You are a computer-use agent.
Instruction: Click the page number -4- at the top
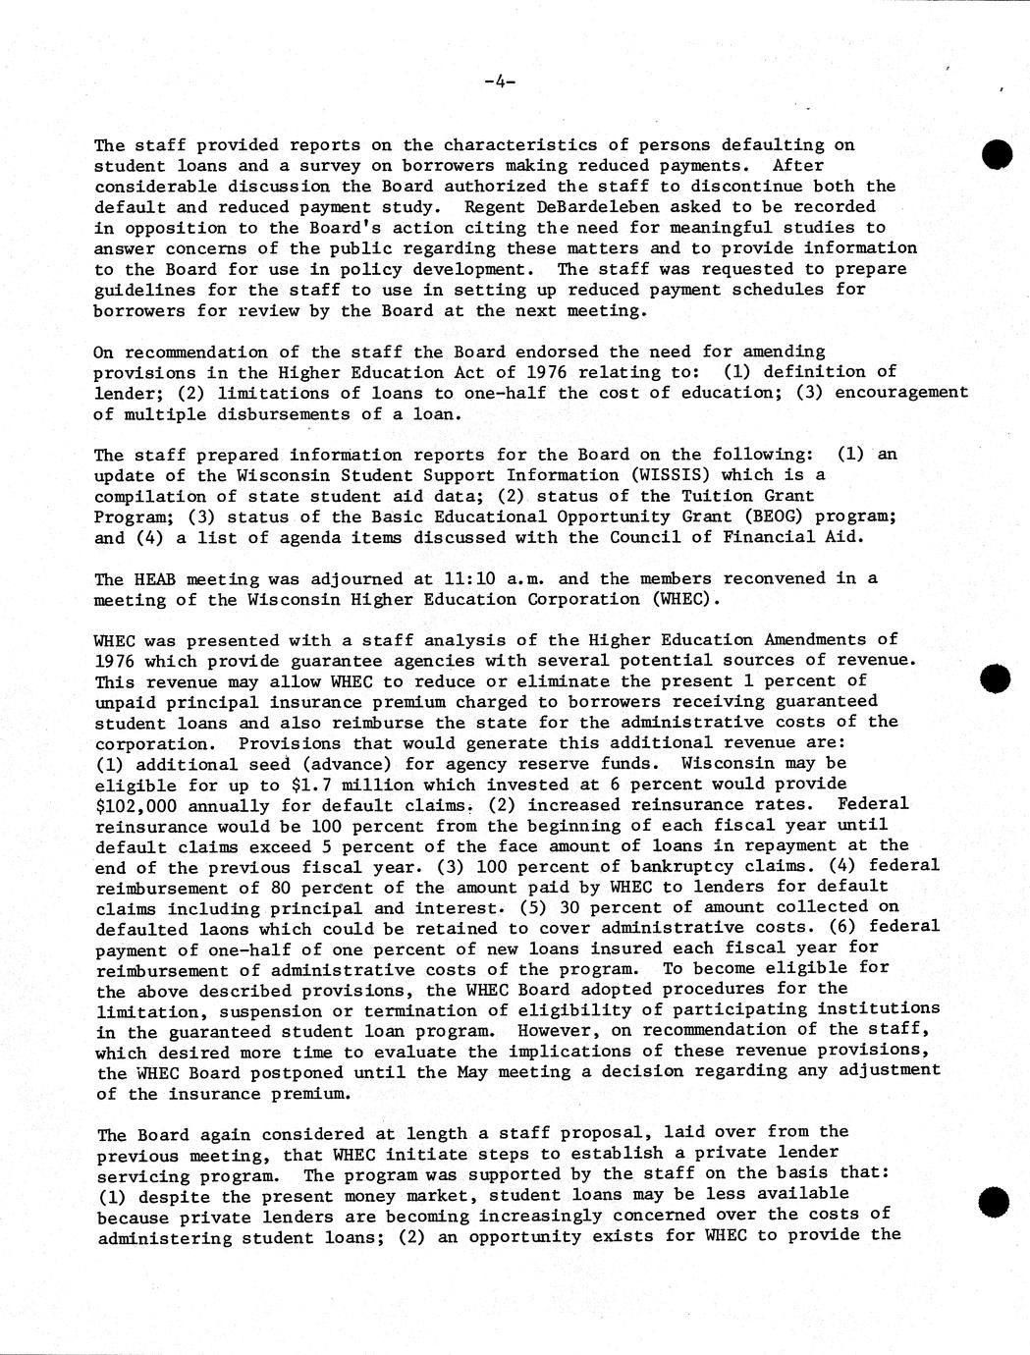click(500, 83)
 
